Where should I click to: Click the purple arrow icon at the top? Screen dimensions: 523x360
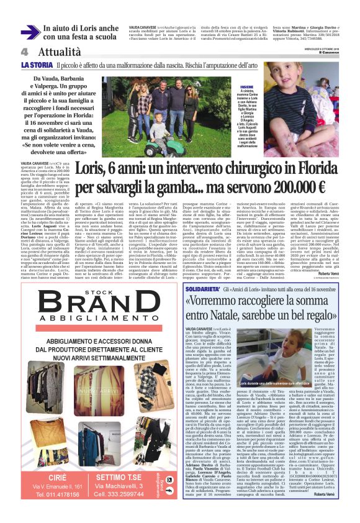pyautogui.click(x=30, y=32)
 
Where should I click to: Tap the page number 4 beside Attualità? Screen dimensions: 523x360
pyautogui.click(x=24, y=52)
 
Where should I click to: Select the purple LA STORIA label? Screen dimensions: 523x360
pyautogui.click(x=36, y=65)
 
